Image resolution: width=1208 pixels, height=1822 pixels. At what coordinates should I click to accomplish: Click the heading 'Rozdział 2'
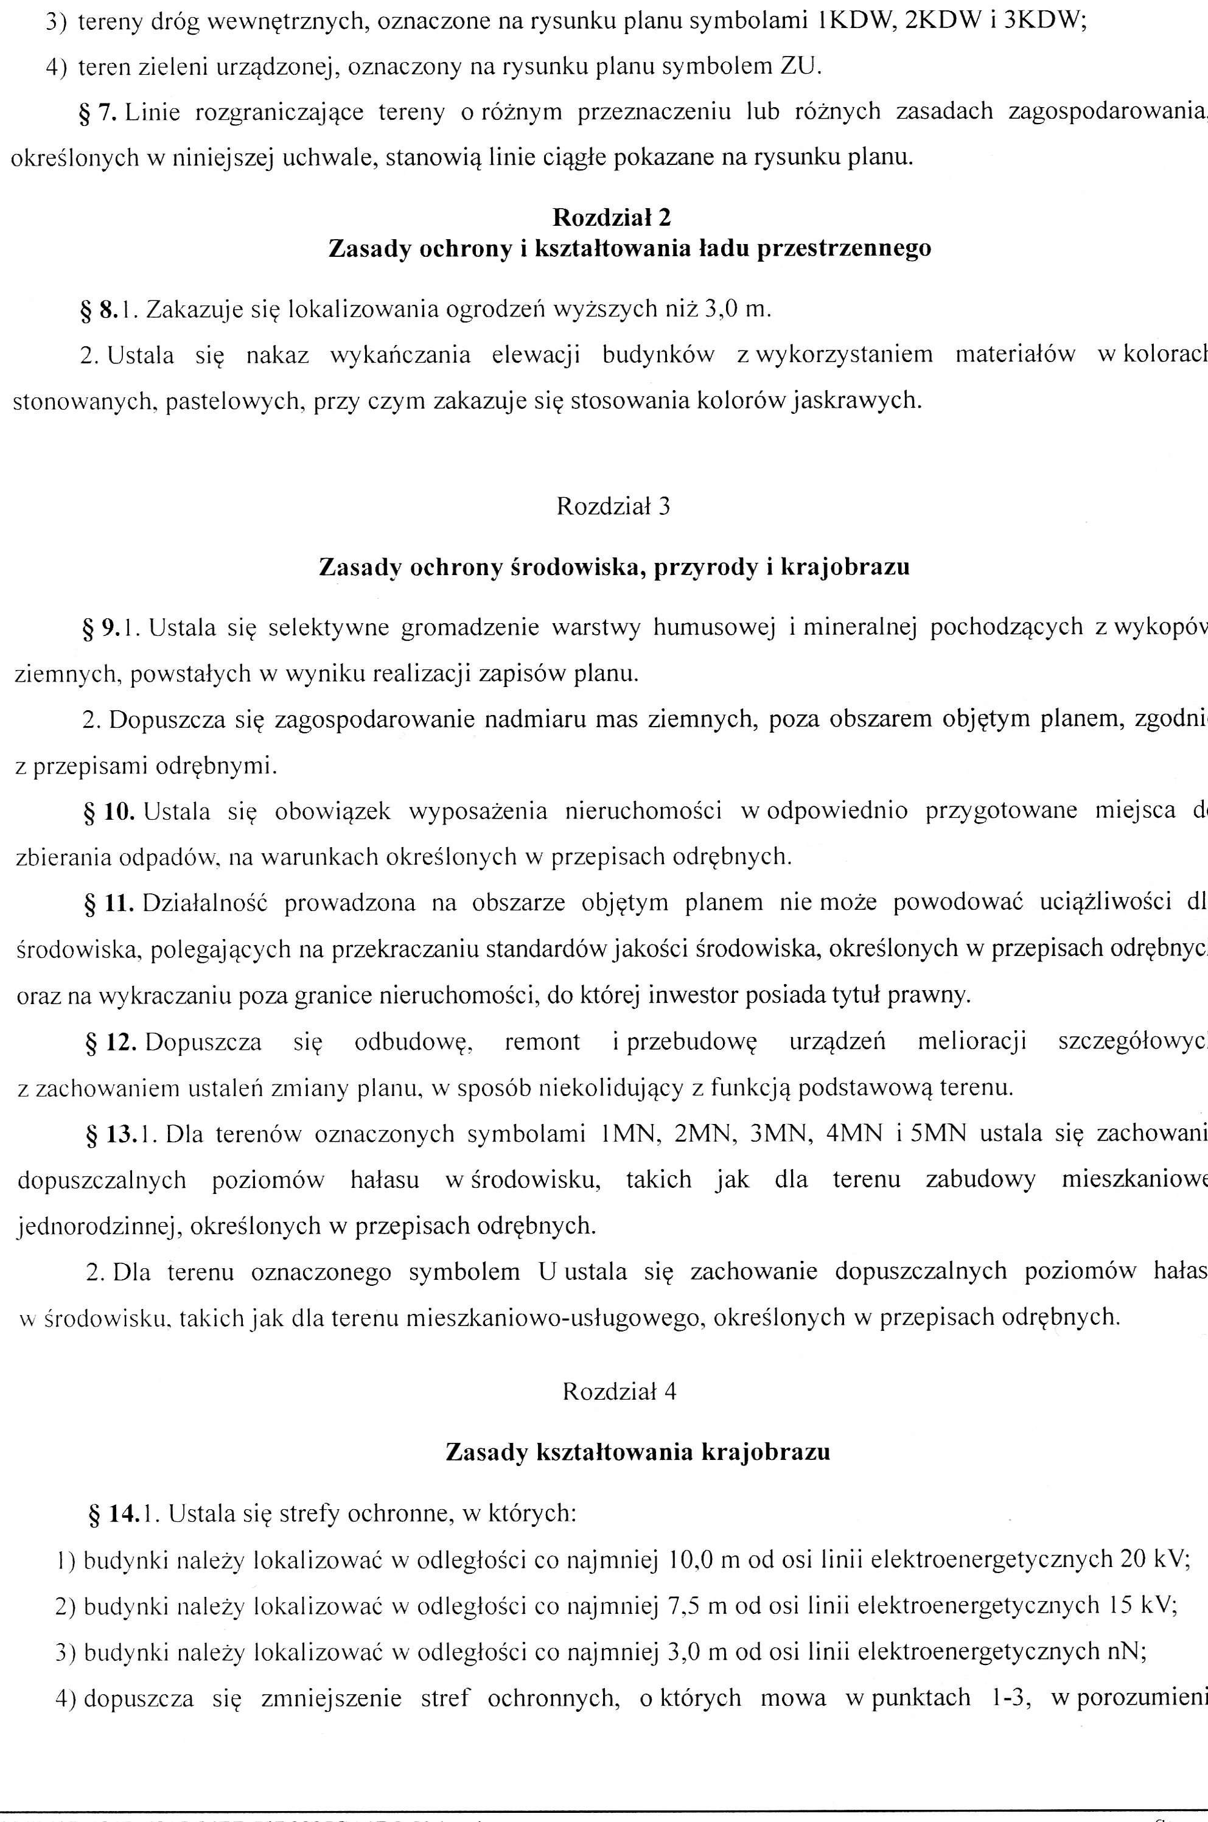[x=612, y=218]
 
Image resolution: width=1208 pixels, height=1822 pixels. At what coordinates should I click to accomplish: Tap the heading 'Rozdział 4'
[x=619, y=1391]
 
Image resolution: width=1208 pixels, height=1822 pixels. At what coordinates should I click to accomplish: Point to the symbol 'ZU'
[x=799, y=66]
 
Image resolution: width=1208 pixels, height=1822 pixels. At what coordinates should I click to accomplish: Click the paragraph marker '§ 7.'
[x=97, y=113]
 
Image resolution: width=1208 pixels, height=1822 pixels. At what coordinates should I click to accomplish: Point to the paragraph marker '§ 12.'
[x=110, y=1042]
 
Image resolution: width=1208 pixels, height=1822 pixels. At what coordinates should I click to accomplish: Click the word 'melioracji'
[x=971, y=1042]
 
